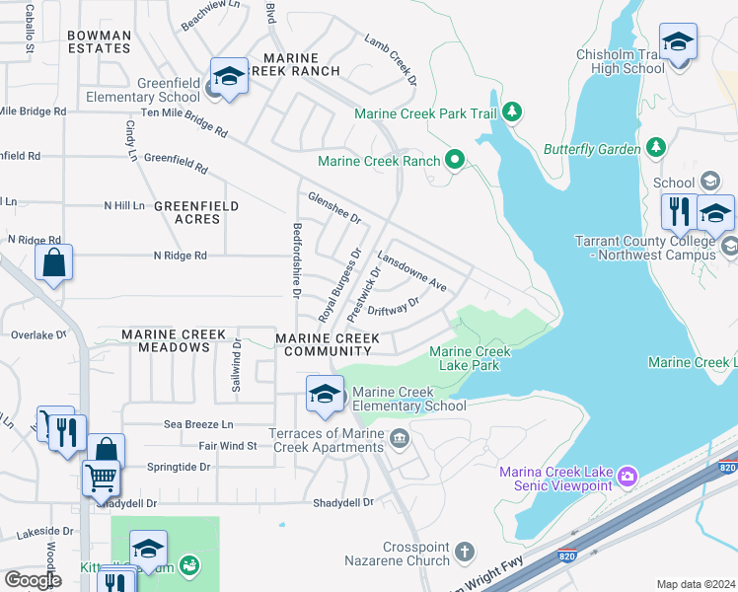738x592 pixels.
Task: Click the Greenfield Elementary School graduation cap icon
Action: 229,76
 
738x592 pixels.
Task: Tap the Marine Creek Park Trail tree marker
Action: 511,112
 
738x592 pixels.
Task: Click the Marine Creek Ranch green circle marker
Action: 454,159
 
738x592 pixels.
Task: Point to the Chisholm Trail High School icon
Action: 678,42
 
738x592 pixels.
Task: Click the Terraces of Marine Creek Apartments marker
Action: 400,438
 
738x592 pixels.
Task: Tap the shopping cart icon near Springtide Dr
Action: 102,479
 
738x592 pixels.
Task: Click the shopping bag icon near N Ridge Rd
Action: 53,262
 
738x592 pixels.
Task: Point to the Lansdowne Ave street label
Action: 412,275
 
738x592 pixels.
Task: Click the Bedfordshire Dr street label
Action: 295,259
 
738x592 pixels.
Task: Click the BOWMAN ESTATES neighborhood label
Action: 99,41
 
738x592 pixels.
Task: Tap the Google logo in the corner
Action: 33,580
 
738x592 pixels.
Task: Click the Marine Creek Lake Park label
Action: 470,358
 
